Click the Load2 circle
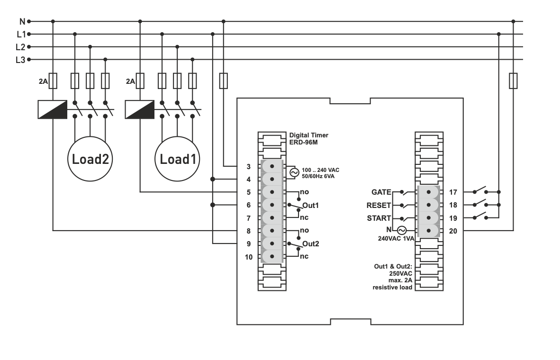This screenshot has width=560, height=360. pyautogui.click(x=90, y=159)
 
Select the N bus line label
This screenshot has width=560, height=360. pyautogui.click(x=22, y=21)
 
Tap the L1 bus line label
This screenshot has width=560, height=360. pyautogui.click(x=21, y=34)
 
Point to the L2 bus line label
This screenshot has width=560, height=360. pyautogui.click(x=20, y=47)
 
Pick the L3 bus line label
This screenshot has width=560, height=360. pyautogui.click(x=20, y=60)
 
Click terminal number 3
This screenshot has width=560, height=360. pyautogui.click(x=249, y=166)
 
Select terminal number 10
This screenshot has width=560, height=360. pyautogui.click(x=249, y=257)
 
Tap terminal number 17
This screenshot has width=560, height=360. pyautogui.click(x=452, y=192)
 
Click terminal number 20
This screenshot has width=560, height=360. pyautogui.click(x=452, y=231)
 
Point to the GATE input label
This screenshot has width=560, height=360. pyautogui.click(x=381, y=192)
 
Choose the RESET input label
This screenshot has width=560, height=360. pyautogui.click(x=379, y=205)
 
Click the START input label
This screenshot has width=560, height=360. pyautogui.click(x=379, y=218)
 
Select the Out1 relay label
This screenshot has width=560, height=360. pyautogui.click(x=310, y=206)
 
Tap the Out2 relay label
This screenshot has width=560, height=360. pyautogui.click(x=310, y=244)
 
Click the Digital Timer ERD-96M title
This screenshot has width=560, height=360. pyautogui.click(x=308, y=138)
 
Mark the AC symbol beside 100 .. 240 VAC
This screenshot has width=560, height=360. pyautogui.click(x=294, y=173)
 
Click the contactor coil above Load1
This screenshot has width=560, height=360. pyautogui.click(x=140, y=109)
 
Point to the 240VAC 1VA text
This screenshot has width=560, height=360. pyautogui.click(x=396, y=239)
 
